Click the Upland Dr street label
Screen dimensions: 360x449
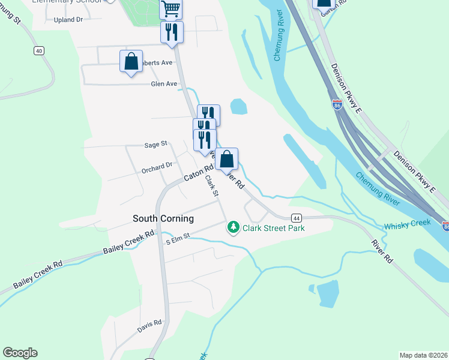[x=68, y=20]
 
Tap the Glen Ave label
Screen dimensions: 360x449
[x=164, y=84]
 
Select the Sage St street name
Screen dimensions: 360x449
[x=155, y=145]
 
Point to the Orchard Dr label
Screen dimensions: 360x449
[x=157, y=165]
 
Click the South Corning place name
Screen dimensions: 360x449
[x=163, y=218]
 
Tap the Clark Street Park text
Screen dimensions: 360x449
[x=273, y=228]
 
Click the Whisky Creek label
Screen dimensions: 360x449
[x=408, y=223]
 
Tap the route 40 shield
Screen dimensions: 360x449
[x=39, y=51]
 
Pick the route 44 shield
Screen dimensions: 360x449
[x=296, y=218]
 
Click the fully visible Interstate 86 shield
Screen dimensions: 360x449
[x=338, y=104]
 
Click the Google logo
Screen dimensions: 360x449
[x=20, y=353]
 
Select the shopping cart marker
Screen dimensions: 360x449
[x=171, y=8]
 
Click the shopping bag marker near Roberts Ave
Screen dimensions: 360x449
[x=131, y=61]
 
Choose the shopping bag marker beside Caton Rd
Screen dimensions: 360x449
[x=227, y=160]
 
